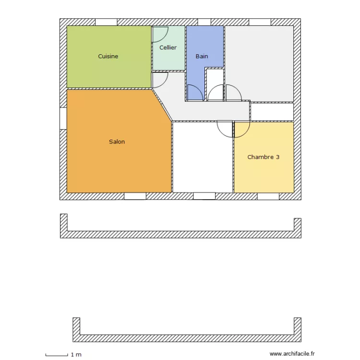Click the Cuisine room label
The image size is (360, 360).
(108, 57)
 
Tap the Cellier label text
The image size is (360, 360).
(168, 48)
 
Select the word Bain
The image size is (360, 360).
(202, 57)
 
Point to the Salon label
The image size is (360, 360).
(117, 142)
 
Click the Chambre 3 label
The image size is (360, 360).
(263, 157)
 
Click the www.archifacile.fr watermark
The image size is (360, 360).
(288, 354)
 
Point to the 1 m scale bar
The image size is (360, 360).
(57, 355)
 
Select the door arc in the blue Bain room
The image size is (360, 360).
(194, 92)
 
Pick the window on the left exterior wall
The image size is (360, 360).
(63, 118)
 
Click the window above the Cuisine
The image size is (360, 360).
(106, 22)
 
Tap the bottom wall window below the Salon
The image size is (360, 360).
(135, 196)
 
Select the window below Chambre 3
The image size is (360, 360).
(268, 196)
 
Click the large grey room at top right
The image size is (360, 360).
(259, 62)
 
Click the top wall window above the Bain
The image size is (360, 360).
(204, 22)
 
